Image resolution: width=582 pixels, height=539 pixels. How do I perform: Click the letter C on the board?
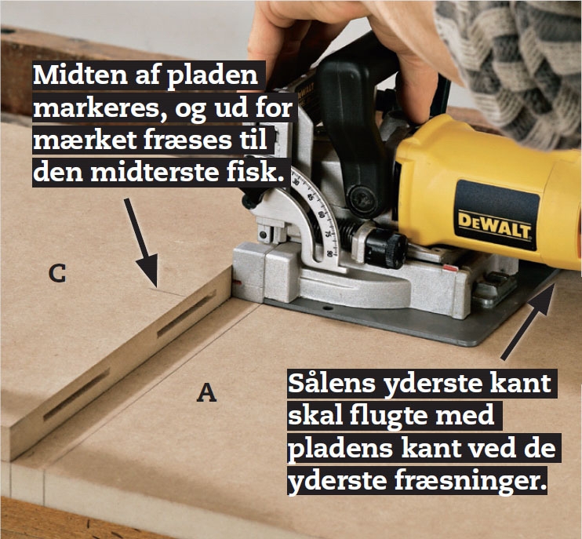(x=57, y=274)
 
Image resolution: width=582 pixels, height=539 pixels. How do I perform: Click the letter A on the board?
(x=206, y=393)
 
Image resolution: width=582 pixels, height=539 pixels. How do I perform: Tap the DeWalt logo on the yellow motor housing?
(x=494, y=225)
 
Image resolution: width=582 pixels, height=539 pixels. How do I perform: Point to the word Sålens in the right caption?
(x=332, y=384)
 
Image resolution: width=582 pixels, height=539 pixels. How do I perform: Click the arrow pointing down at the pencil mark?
(x=142, y=242)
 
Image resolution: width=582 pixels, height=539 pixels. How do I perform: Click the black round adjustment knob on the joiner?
(x=386, y=247)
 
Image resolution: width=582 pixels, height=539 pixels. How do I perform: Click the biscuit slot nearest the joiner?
(x=187, y=315)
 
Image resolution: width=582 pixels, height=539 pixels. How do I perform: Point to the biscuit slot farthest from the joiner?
(x=77, y=394)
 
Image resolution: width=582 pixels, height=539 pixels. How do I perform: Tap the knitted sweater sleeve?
(x=519, y=63)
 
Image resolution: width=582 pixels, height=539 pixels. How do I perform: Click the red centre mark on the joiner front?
(x=237, y=283)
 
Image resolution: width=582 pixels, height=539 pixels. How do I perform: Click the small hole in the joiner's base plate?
(x=327, y=308)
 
